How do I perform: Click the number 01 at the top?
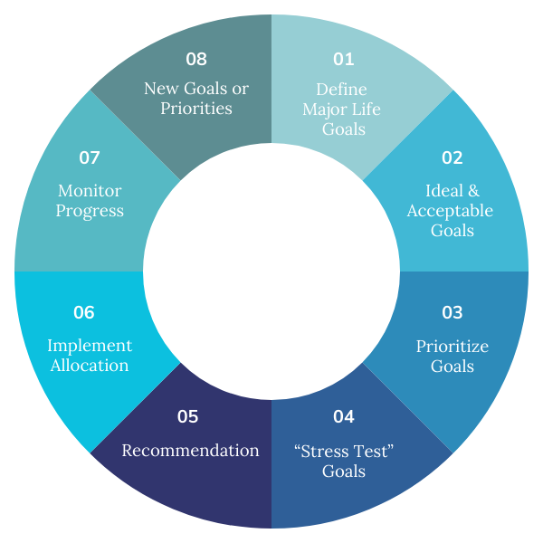click(343, 60)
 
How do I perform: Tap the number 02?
click(452, 157)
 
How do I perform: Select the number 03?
click(452, 313)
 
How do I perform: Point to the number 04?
click(343, 417)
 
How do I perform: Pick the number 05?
click(187, 417)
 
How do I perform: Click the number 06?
click(84, 313)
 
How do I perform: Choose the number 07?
click(89, 157)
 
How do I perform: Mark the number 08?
click(196, 60)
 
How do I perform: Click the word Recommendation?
click(190, 451)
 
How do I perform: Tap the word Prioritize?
click(452, 347)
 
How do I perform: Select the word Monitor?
click(90, 191)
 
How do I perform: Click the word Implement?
click(90, 346)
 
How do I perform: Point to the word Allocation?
click(90, 366)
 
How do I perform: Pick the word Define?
click(343, 89)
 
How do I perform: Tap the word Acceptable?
click(450, 211)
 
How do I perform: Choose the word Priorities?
click(196, 109)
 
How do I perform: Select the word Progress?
click(90, 211)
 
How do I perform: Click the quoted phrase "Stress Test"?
click(343, 451)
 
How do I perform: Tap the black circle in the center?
click(271, 271)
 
